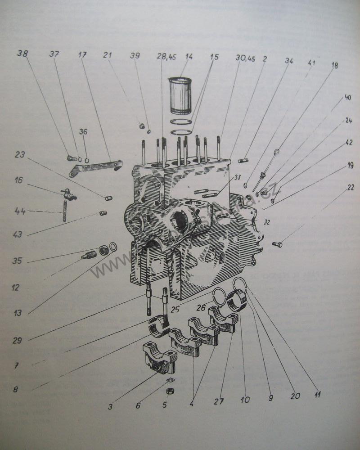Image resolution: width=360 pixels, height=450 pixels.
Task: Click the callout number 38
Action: (x=22, y=53)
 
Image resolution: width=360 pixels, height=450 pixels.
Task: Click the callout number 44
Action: (x=19, y=211)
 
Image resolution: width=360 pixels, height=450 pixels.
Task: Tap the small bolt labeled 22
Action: (x=277, y=244)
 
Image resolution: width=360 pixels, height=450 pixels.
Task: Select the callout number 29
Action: (x=17, y=341)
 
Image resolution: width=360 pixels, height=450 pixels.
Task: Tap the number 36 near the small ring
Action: (x=83, y=132)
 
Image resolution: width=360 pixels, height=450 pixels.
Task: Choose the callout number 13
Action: (x=18, y=313)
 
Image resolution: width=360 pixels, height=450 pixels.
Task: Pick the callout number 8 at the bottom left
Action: (x=16, y=390)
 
